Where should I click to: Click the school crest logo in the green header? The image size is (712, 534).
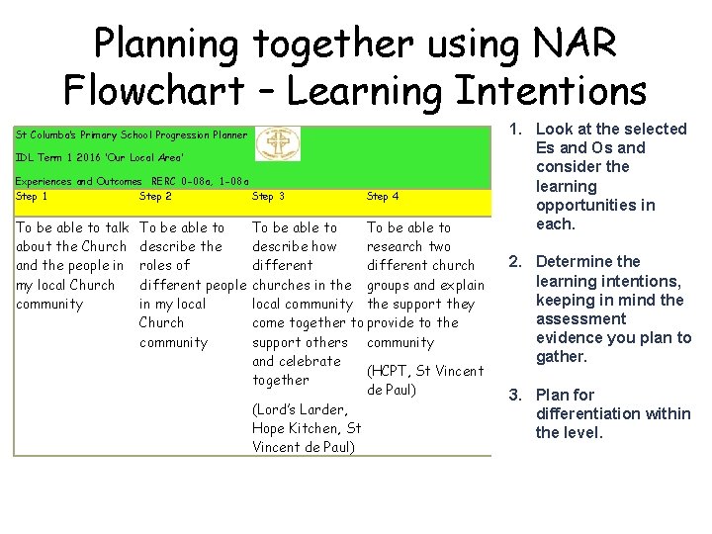tap(278, 144)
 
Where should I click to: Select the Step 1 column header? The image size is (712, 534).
tap(32, 197)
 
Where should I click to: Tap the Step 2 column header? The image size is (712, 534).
tap(156, 197)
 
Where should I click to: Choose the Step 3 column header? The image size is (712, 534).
tap(269, 197)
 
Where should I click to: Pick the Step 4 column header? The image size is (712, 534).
tap(383, 197)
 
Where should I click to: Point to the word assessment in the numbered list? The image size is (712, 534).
tap(580, 319)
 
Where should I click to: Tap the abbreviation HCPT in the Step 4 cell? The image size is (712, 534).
tap(396, 371)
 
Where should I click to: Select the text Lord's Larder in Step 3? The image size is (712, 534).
tap(300, 409)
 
